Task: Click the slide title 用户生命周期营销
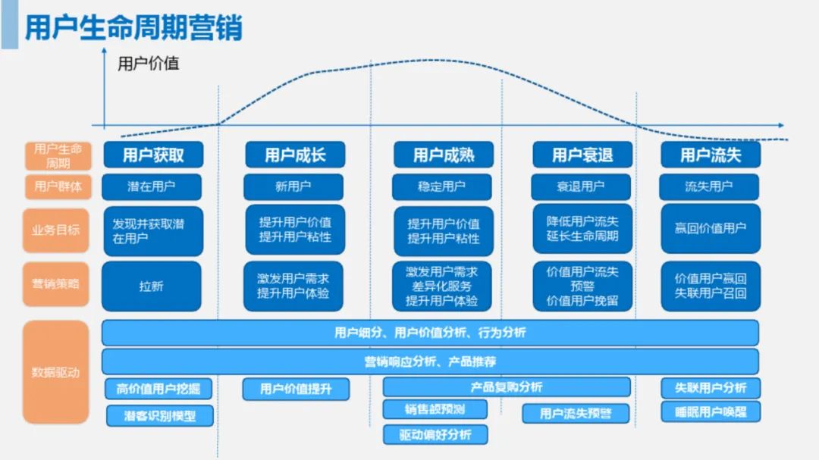pyautogui.click(x=133, y=28)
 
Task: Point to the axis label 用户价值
pyautogui.click(x=149, y=64)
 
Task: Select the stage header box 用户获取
pyautogui.click(x=153, y=155)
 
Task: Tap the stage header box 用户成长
pyautogui.click(x=295, y=155)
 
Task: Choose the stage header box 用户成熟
pyautogui.click(x=444, y=155)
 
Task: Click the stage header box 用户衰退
pyautogui.click(x=582, y=155)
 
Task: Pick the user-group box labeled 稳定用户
pyautogui.click(x=442, y=186)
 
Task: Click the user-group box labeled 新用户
pyautogui.click(x=293, y=186)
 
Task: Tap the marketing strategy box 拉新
pyautogui.click(x=152, y=286)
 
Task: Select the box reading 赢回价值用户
pyautogui.click(x=710, y=228)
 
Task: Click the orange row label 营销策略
pyautogui.click(x=56, y=283)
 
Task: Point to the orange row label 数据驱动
pyautogui.click(x=56, y=372)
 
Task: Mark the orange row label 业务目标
pyautogui.click(x=56, y=230)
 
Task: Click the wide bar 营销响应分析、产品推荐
pyautogui.click(x=430, y=361)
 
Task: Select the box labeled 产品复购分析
pyautogui.click(x=506, y=387)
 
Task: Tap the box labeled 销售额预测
pyautogui.click(x=435, y=409)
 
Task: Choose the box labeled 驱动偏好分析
pyautogui.click(x=435, y=434)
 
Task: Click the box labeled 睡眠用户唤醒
pyautogui.click(x=710, y=412)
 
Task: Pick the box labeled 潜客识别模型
pyautogui.click(x=160, y=415)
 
